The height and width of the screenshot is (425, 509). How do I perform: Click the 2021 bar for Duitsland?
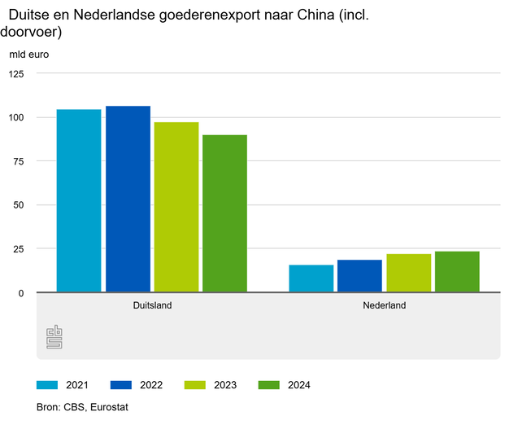[79, 200]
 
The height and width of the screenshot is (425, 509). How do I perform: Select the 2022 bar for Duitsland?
[128, 199]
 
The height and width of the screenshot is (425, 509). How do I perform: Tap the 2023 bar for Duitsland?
[176, 207]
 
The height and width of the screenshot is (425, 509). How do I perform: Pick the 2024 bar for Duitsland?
[224, 213]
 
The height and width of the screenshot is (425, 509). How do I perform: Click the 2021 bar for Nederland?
[311, 278]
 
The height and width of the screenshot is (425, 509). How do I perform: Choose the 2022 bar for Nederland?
[359, 276]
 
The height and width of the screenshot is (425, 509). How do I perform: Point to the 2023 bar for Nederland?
[408, 273]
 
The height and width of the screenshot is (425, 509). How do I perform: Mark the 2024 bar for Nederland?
[457, 272]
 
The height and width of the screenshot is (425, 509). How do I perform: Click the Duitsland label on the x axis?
[152, 306]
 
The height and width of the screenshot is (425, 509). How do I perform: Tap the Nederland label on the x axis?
[384, 306]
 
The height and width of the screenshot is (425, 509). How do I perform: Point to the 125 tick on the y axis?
[18, 74]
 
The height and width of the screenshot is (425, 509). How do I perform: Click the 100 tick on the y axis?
[18, 117]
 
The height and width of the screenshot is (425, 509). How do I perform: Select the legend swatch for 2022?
[122, 385]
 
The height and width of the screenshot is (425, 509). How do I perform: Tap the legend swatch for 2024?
[269, 385]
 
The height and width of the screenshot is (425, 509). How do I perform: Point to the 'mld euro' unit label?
[29, 55]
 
